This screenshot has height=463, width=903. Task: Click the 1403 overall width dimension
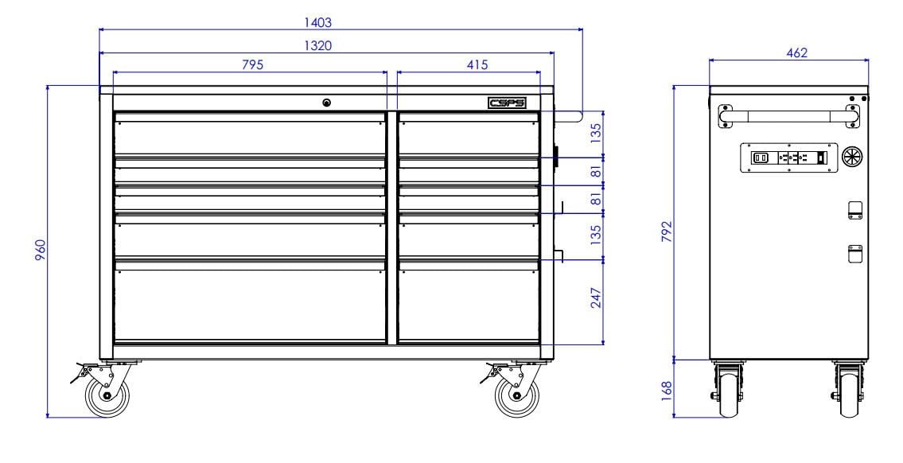pyautogui.click(x=318, y=22)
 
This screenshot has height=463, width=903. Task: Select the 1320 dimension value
pyautogui.click(x=318, y=45)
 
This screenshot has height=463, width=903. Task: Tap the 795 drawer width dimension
pyautogui.click(x=252, y=64)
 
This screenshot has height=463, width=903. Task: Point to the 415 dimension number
pyautogui.click(x=477, y=64)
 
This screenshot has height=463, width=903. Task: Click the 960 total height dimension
pyautogui.click(x=41, y=250)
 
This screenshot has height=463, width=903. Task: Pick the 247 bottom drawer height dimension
pyautogui.click(x=596, y=298)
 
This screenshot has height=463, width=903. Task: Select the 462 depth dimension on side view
pyautogui.click(x=797, y=53)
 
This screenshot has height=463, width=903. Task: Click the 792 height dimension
pyautogui.click(x=667, y=232)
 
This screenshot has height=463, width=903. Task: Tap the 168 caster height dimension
pyautogui.click(x=667, y=391)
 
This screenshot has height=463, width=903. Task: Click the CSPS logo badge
pyautogui.click(x=506, y=103)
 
